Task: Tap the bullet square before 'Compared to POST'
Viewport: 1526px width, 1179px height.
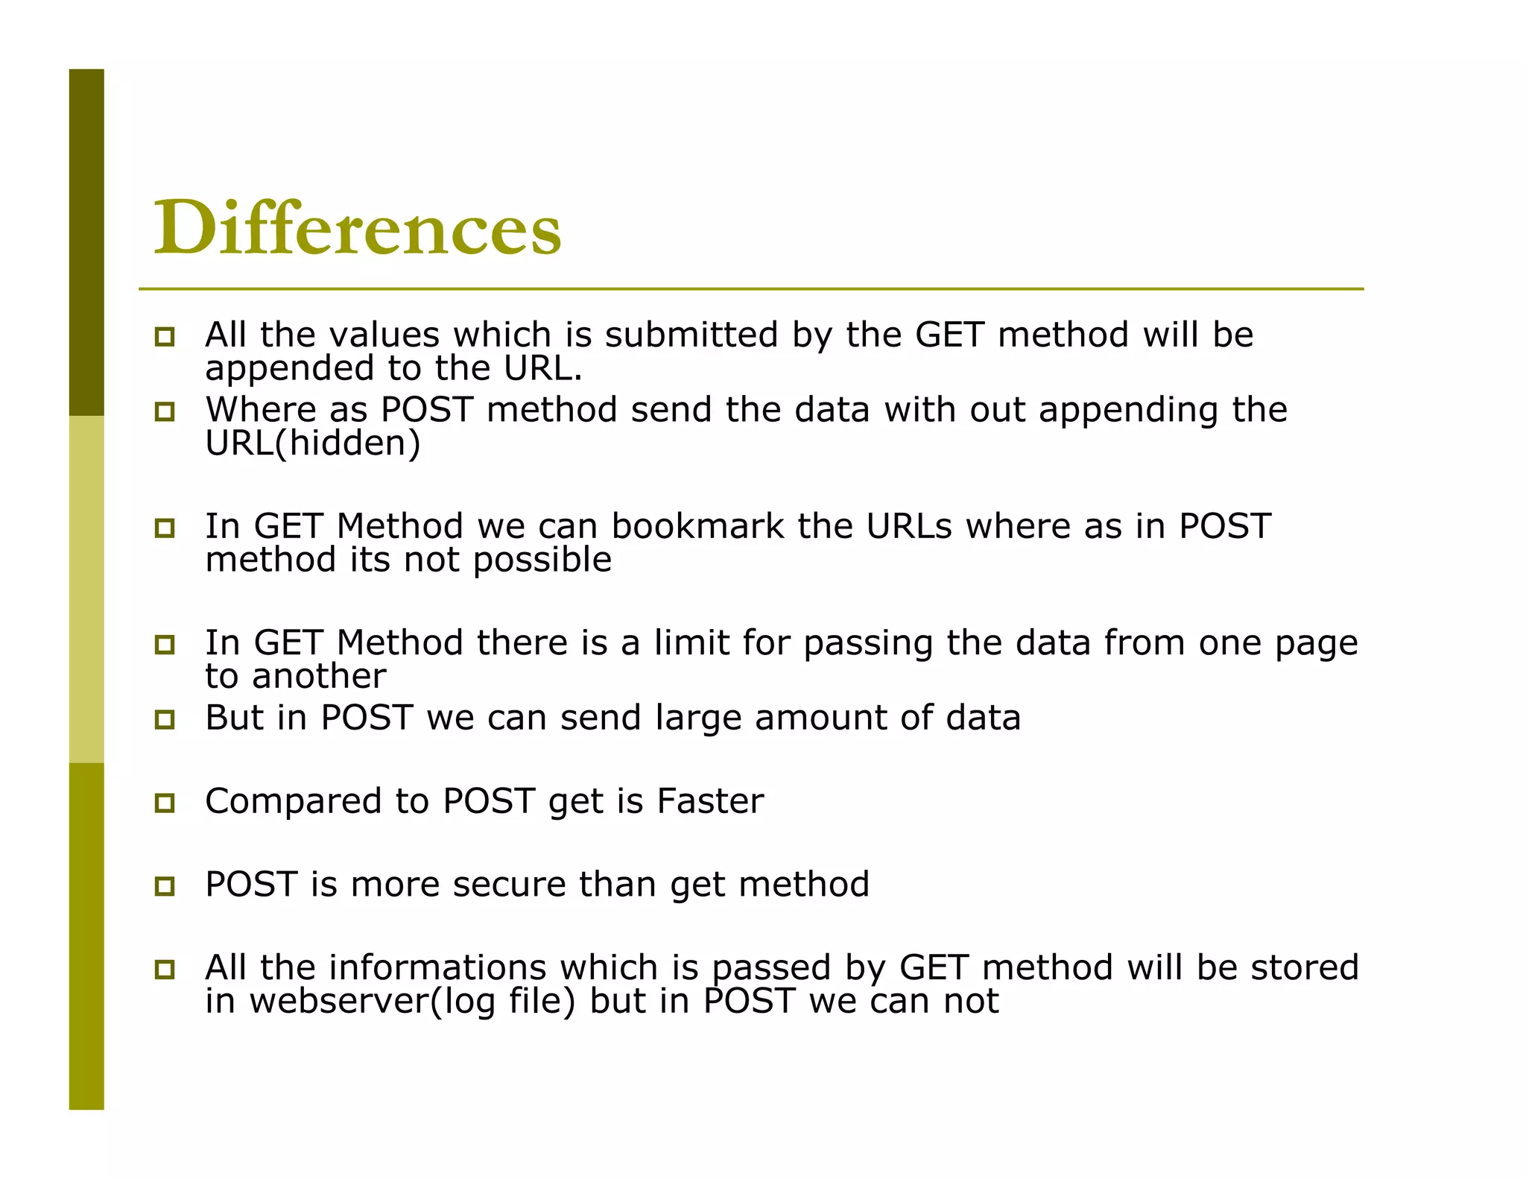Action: pyautogui.click(x=165, y=803)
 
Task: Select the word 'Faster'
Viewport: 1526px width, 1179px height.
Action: pyautogui.click(x=709, y=801)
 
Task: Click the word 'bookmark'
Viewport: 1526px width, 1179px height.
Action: pyautogui.click(x=697, y=526)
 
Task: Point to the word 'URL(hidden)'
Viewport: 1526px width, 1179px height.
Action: pyautogui.click(x=313, y=443)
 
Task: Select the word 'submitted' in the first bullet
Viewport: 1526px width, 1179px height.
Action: pyautogui.click(x=691, y=335)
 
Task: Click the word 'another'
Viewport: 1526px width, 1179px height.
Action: pyautogui.click(x=319, y=677)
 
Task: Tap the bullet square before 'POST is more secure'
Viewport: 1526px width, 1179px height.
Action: pyautogui.click(x=165, y=886)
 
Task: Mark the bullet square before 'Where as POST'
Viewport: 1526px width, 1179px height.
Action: pyautogui.click(x=165, y=411)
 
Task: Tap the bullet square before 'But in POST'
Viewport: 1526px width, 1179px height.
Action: pyautogui.click(x=165, y=719)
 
